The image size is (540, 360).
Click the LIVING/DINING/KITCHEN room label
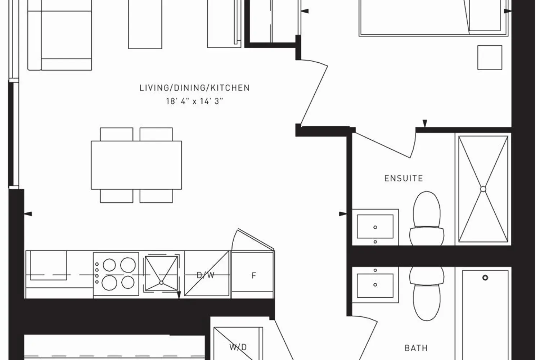pos(194,88)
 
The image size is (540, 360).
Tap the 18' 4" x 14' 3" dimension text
pos(194,101)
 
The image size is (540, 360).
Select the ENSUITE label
pos(404,178)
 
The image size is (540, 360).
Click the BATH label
pos(416,348)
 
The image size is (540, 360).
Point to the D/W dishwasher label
pos(206,275)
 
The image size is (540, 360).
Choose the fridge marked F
pos(253,275)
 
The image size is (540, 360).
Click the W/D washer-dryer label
pos(238,347)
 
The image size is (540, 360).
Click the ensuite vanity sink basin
pos(375,227)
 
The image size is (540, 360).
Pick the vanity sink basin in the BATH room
pos(375,285)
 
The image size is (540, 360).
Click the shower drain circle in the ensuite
pos(483,189)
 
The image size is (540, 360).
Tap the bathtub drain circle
pos(485,278)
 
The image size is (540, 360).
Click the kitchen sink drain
pos(161,283)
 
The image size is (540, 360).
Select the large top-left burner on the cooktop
pos(109,265)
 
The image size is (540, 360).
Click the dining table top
pos(136,165)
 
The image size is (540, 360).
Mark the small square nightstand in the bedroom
pos(490,57)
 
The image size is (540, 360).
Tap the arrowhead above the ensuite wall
pos(425,123)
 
